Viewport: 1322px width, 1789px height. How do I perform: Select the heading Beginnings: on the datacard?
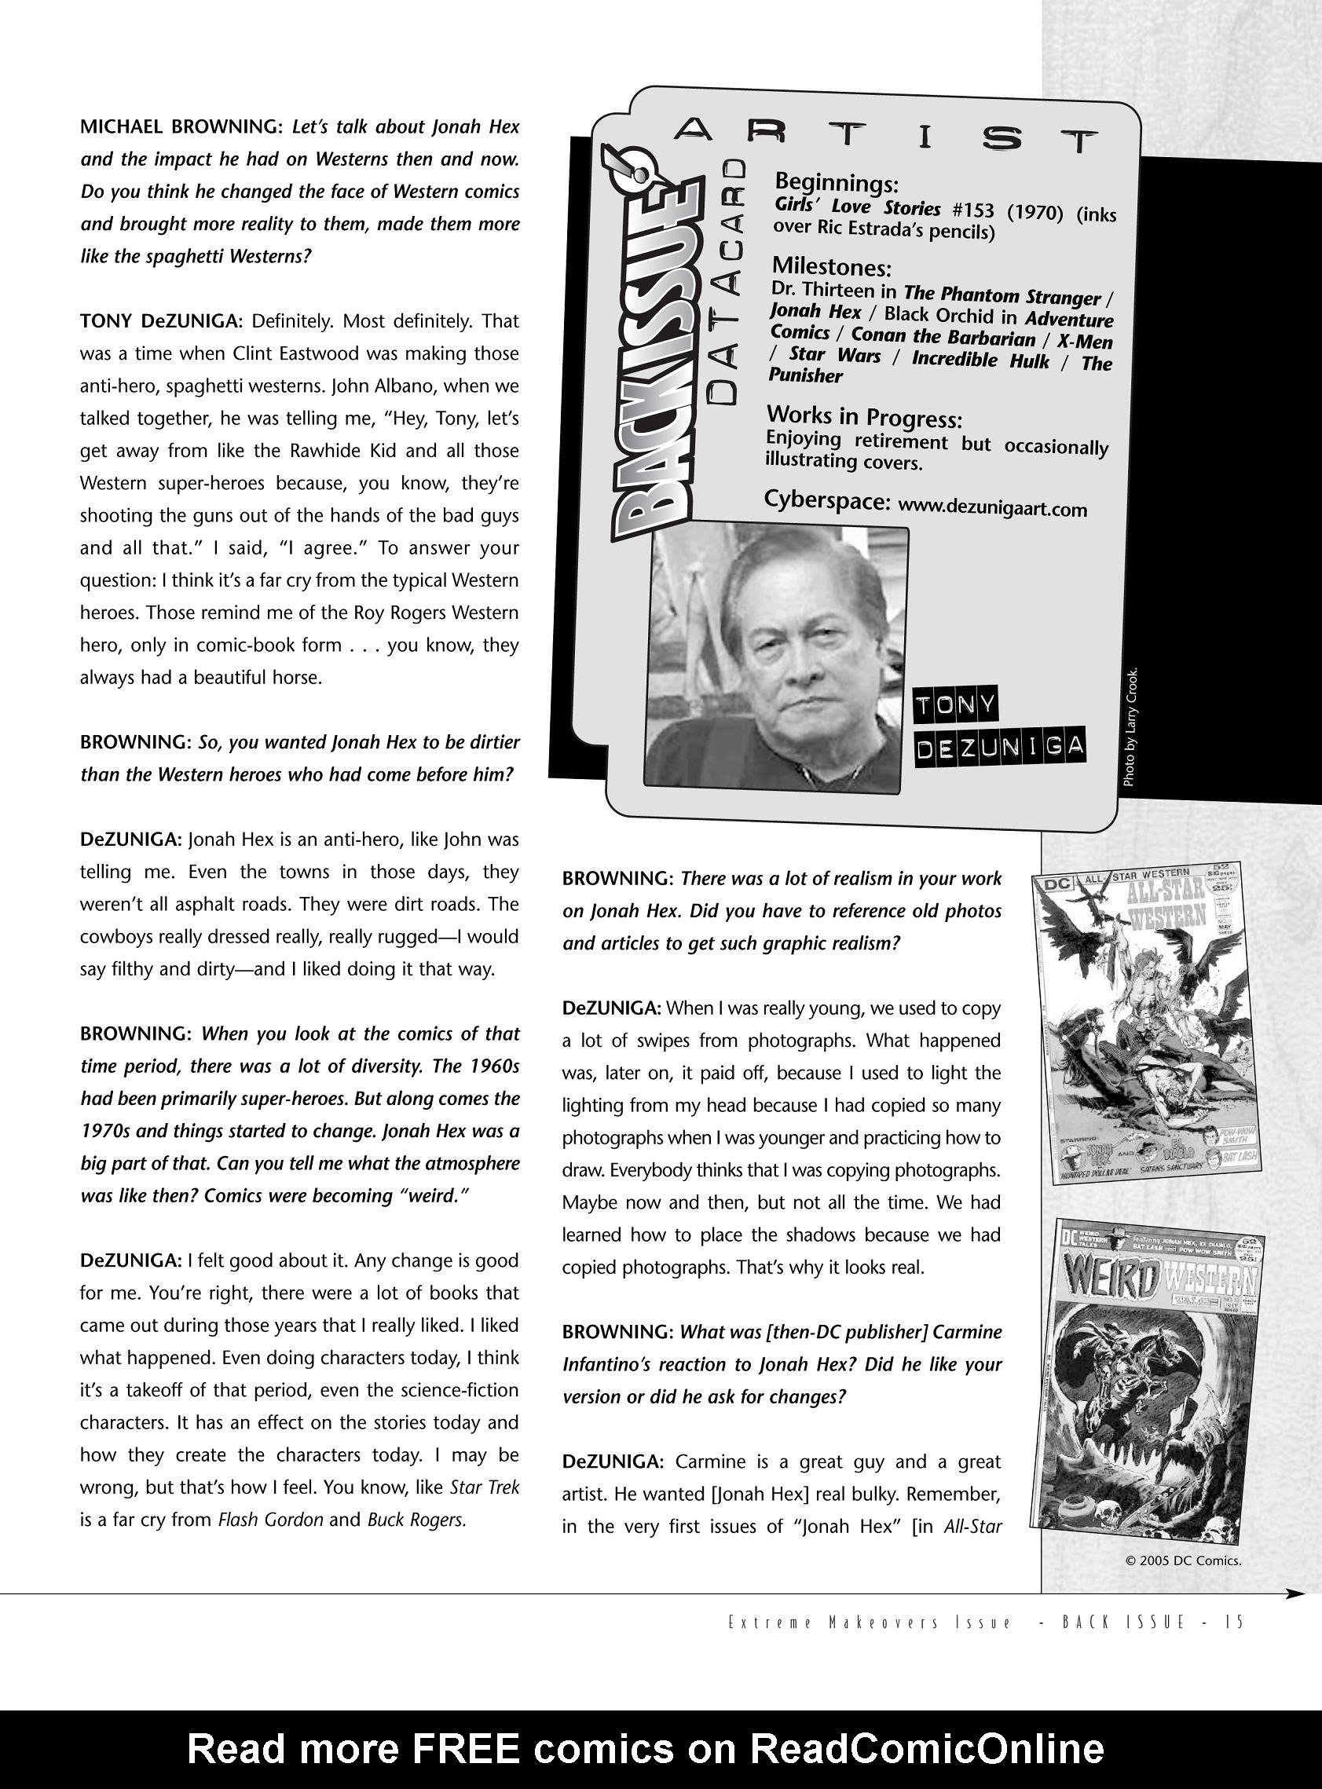click(837, 183)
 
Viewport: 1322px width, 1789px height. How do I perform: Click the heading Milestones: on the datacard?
click(831, 266)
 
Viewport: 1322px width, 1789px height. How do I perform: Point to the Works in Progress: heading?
click(863, 417)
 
